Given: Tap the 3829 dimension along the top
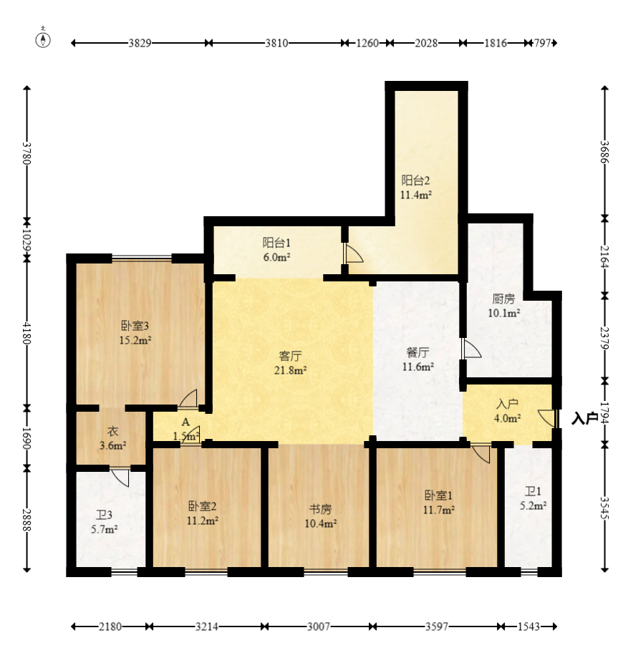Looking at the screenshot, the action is point(140,43).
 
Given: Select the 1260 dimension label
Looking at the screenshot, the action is point(367,43).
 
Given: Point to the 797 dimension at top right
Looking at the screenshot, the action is point(542,43).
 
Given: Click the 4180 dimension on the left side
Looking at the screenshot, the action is point(27,333).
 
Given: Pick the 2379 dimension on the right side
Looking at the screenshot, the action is point(604,338).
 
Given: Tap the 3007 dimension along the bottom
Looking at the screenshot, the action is point(319,627).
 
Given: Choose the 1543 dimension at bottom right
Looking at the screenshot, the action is point(528,627).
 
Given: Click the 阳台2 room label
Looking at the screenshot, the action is point(415,180).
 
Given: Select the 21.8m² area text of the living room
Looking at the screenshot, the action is point(290,370).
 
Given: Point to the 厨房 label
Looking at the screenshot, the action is point(503,299).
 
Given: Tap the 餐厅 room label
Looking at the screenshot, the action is point(417,352).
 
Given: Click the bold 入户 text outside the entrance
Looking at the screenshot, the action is point(585,418).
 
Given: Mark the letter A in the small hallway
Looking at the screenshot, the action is point(185,422).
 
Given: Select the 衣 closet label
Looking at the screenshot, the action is point(112,431).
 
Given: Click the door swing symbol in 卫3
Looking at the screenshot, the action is point(120,478).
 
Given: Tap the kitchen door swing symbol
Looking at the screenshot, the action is point(471,349).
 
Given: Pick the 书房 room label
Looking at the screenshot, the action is point(320,510).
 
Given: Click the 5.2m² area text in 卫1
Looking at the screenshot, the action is point(533,505).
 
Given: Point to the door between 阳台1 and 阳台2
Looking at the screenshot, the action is point(352,254).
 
